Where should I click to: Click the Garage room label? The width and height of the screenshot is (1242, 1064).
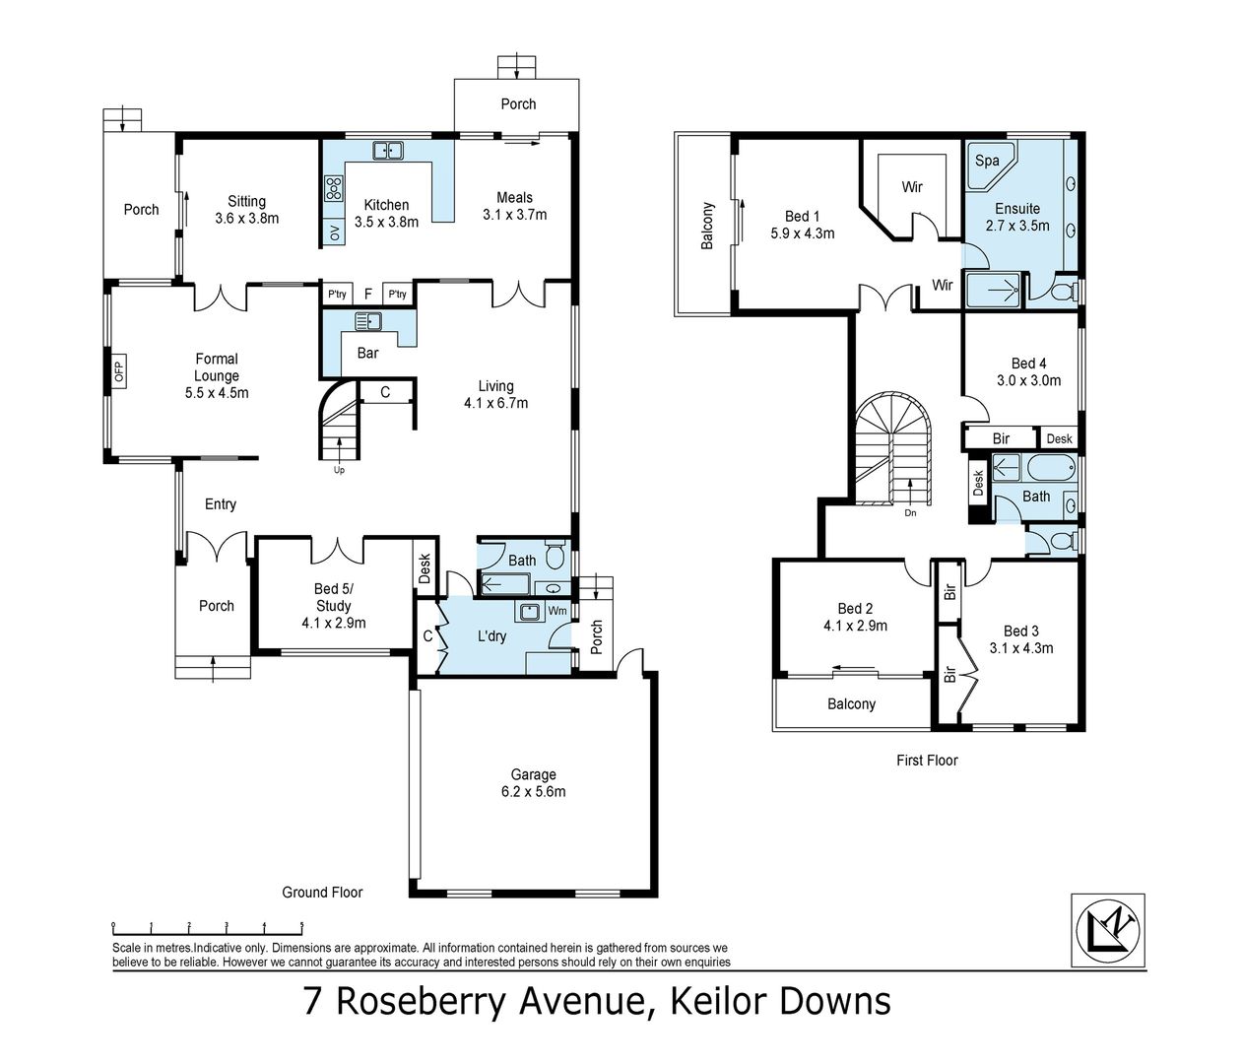pos(533,782)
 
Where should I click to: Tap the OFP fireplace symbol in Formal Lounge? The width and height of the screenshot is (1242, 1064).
pos(119,371)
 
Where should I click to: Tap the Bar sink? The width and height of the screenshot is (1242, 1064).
pos(368,321)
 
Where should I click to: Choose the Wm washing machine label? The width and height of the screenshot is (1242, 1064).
pos(556,611)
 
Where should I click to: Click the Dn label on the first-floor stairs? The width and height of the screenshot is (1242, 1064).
pos(909,512)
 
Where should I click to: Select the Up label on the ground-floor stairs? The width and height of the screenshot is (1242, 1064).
pos(339,469)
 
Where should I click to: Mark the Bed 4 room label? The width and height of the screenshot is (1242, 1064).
pos(1035,371)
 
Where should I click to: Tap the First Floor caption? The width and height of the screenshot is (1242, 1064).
pos(927,760)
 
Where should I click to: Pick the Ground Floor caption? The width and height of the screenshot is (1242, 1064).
pos(322,892)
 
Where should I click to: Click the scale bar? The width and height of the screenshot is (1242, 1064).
pos(208,927)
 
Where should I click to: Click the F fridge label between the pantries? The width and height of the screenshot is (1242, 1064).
pos(367,294)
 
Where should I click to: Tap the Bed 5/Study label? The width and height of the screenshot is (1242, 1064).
pos(333,606)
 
